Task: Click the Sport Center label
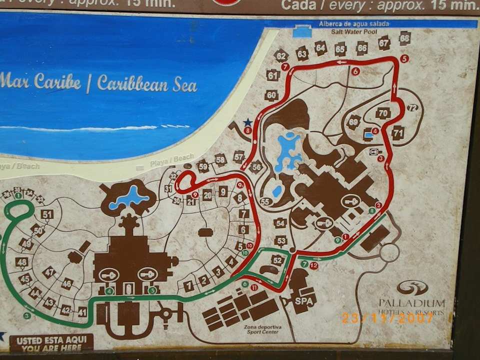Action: click(263, 329)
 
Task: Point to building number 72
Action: click(412, 107)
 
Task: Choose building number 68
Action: click(404, 38)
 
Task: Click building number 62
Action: click(281, 56)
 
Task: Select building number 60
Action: click(271, 95)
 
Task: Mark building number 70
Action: click(383, 113)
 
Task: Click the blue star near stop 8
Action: click(247, 121)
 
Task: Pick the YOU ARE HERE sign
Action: click(51, 343)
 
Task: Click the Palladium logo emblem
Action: click(412, 287)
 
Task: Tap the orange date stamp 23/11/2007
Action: click(387, 317)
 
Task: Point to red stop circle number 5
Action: click(404, 58)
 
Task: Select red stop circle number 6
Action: click(355, 71)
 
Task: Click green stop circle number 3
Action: click(27, 315)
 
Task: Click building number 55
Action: click(265, 201)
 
